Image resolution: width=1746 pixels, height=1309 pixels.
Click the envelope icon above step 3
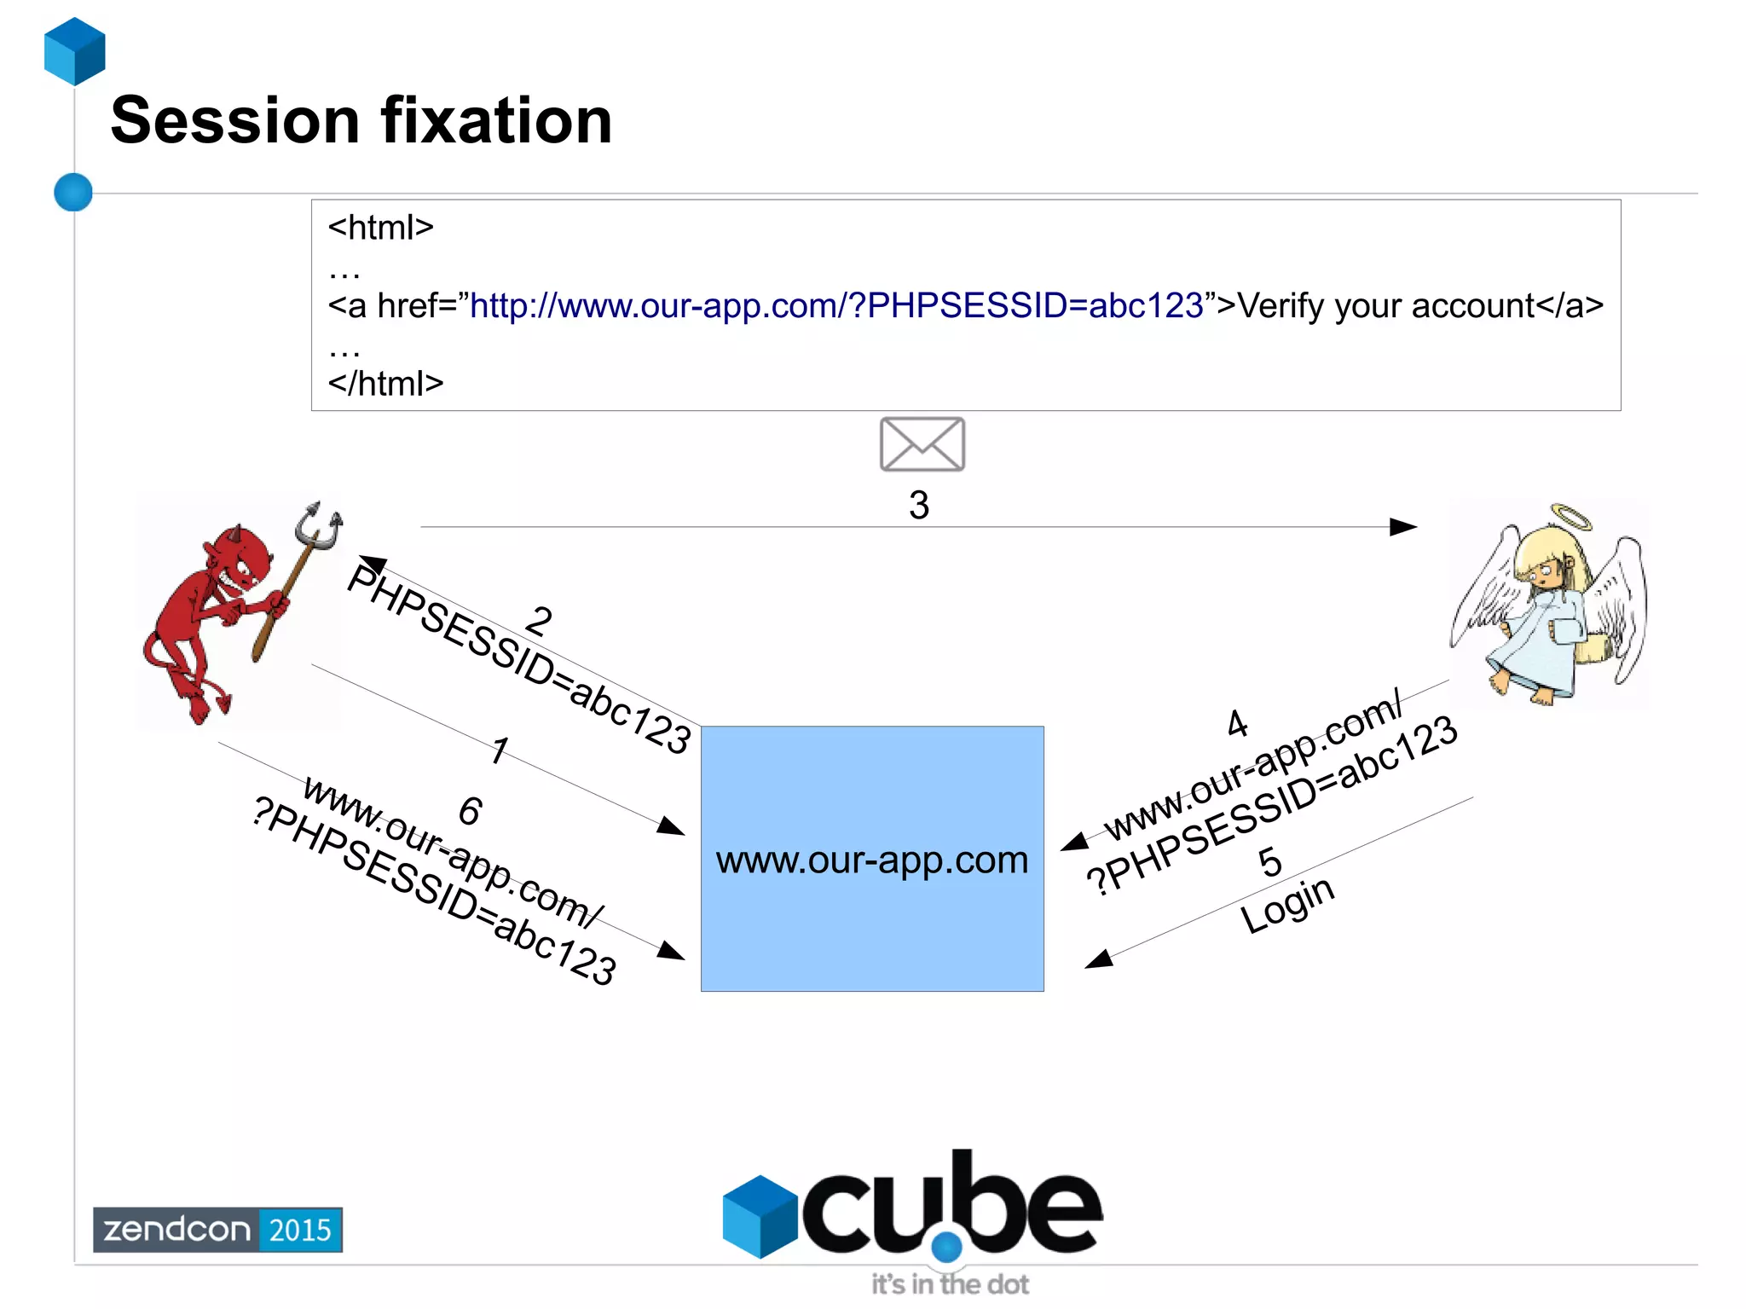coord(922,444)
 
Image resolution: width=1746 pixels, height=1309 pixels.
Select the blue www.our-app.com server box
coord(871,859)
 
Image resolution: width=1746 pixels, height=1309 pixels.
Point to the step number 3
coord(918,505)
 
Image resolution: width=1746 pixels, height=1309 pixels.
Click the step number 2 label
coord(538,620)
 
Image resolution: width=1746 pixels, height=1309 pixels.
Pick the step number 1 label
coord(500,750)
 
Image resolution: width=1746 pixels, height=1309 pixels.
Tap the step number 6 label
coord(470,810)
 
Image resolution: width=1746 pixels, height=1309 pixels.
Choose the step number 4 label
coord(1237,724)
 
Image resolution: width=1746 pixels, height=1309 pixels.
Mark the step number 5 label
coord(1269,862)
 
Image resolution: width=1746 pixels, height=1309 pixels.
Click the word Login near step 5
coord(1286,905)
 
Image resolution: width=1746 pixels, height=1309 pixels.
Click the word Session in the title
coord(235,121)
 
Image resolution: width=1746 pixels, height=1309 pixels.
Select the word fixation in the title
coord(496,121)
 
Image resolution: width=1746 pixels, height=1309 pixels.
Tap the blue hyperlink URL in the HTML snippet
coord(836,305)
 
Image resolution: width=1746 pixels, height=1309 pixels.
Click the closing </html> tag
coord(385,384)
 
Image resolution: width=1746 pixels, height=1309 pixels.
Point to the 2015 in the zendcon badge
coord(300,1230)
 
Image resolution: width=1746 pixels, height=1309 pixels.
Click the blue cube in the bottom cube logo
coord(759,1216)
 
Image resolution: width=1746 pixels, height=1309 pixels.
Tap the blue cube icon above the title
coord(75,51)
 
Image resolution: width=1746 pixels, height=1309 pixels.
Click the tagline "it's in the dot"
coord(950,1284)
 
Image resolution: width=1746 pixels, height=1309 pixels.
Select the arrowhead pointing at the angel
coord(1403,527)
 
